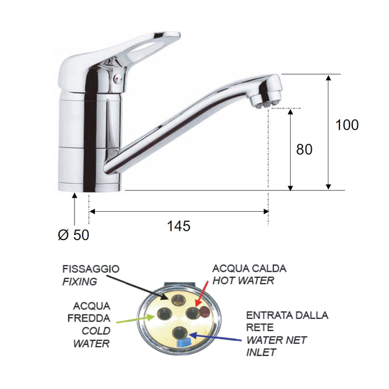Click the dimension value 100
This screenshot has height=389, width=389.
tap(347, 125)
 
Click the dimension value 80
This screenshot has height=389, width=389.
tap(305, 149)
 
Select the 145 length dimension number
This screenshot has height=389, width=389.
tap(178, 226)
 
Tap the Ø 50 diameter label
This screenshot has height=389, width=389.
tap(73, 235)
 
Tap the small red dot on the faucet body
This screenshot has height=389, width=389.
tap(116, 82)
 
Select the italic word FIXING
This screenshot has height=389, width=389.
tap(79, 282)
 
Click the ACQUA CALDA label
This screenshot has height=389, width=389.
tap(250, 269)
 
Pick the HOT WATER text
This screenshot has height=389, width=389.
tap(243, 281)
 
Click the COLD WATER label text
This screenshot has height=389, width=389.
tap(91, 337)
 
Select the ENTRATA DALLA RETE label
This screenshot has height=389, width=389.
tap(287, 321)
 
